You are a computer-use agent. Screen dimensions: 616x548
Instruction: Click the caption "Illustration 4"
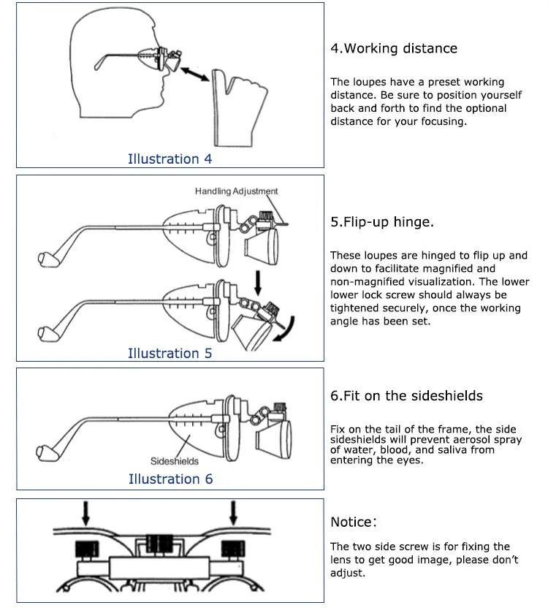pos(170,159)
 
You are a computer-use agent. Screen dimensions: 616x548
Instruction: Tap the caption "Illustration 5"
pos(170,353)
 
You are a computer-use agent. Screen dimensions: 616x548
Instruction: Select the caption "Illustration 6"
pos(170,479)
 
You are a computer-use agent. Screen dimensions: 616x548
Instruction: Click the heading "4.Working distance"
pos(394,48)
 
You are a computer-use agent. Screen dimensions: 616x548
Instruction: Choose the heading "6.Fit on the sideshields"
pos(406,395)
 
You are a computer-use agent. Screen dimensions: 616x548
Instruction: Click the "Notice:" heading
pos(354,522)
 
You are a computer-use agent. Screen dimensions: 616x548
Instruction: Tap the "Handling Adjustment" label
pos(236,191)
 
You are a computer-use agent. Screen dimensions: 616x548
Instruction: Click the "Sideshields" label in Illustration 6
pos(174,461)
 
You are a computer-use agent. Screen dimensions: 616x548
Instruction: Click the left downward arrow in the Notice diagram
pos(86,513)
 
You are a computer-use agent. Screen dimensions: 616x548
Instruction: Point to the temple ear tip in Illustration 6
pos(45,446)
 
